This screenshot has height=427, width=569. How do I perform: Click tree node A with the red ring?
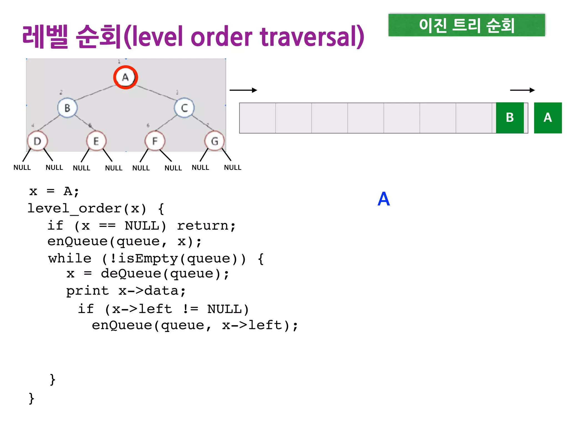point(126,77)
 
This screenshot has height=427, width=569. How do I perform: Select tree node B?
point(67,108)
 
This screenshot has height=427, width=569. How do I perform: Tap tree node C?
point(184,108)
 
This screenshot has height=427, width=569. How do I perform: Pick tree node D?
point(38,141)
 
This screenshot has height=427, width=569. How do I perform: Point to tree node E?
point(96,141)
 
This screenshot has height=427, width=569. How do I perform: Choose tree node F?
point(155,141)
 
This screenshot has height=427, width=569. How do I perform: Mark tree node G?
point(214,141)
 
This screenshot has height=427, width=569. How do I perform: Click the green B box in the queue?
point(510,118)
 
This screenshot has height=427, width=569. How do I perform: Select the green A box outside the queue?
point(548,118)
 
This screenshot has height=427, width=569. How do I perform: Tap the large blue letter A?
point(383,199)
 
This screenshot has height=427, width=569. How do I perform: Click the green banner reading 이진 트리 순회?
point(466,25)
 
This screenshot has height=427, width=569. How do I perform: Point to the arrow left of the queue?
point(243,90)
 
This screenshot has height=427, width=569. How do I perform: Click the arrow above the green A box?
point(522,90)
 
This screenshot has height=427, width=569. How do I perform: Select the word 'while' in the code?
point(70,259)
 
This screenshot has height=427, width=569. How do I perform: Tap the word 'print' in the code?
point(88,291)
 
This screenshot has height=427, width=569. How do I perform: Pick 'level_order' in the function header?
point(74,208)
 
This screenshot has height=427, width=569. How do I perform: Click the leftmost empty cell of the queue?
point(258,118)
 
